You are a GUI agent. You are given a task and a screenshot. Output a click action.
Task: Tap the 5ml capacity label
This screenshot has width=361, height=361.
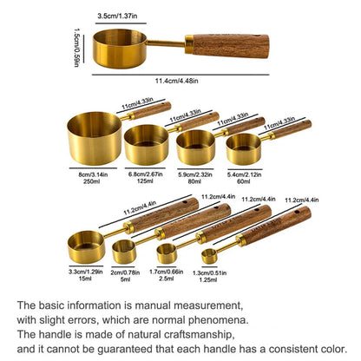pyautogui.click(x=125, y=278)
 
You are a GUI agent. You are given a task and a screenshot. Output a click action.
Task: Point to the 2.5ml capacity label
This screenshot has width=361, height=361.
pyautogui.click(x=165, y=278)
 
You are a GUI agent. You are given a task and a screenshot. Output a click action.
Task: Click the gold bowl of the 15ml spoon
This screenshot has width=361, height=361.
pyautogui.click(x=87, y=247)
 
